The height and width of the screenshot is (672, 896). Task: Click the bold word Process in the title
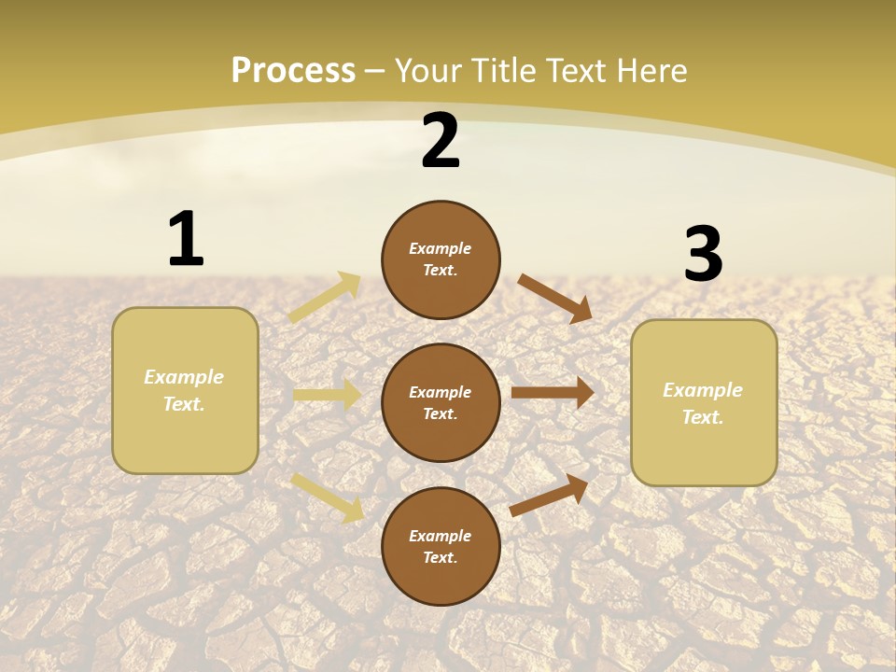[x=293, y=71]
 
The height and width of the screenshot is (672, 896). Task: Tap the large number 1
[x=186, y=239]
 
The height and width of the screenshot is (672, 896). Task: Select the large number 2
[x=441, y=141]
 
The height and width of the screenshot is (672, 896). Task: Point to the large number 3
[x=704, y=254]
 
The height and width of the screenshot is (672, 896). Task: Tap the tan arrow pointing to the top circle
[x=325, y=298]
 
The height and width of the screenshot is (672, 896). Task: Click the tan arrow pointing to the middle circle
[x=328, y=395]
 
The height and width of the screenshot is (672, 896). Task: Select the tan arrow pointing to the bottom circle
[x=328, y=497]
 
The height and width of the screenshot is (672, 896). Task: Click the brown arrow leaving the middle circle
[x=553, y=393]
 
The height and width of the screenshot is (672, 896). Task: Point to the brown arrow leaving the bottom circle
[x=550, y=494]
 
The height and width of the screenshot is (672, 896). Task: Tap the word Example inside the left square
[x=184, y=377]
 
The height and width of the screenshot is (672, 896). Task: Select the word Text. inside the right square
[x=703, y=417]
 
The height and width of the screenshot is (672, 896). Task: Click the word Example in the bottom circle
[x=441, y=536]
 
